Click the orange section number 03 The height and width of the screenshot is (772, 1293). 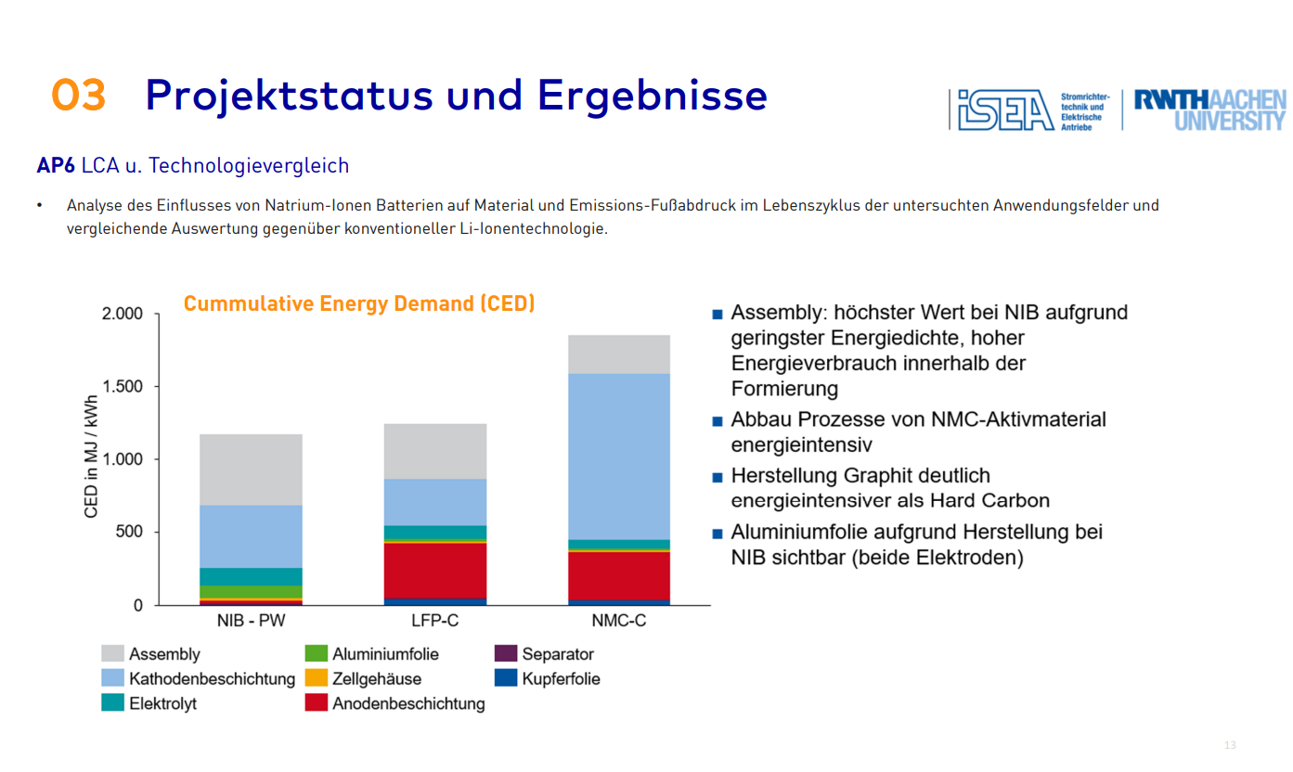[79, 96]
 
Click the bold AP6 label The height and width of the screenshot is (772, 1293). [56, 166]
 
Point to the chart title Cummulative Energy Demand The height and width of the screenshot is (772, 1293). [359, 304]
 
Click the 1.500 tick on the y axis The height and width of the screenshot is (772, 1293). [123, 387]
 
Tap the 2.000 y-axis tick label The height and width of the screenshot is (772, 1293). [123, 314]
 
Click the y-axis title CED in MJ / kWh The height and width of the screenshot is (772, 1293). [91, 459]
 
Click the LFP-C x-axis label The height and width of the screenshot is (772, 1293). [434, 620]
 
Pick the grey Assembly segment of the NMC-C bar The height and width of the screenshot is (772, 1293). [619, 354]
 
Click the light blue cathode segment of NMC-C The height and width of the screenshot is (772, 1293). [619, 455]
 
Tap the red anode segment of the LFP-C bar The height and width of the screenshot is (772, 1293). [435, 570]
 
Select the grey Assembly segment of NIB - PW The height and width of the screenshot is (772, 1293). [251, 470]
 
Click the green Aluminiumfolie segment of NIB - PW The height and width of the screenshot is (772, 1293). [251, 592]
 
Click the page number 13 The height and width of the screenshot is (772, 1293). [1231, 745]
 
